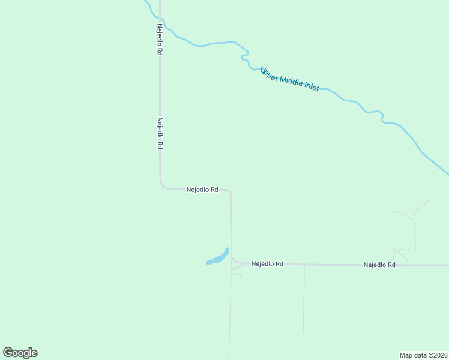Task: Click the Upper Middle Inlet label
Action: pyautogui.click(x=289, y=79)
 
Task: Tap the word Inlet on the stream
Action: pyautogui.click(x=312, y=86)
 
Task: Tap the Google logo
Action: pyautogui.click(x=20, y=353)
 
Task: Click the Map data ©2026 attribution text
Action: pyautogui.click(x=423, y=355)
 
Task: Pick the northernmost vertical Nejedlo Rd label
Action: pyautogui.click(x=160, y=40)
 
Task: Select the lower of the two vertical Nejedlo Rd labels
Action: pyautogui.click(x=160, y=133)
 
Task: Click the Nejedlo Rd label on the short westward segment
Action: pyautogui.click(x=202, y=190)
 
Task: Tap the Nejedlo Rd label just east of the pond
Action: pyautogui.click(x=267, y=263)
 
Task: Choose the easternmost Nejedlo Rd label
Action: pyautogui.click(x=379, y=265)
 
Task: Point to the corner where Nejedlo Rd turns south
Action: pyautogui.click(x=230, y=191)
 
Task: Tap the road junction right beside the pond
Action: pyautogui.click(x=232, y=262)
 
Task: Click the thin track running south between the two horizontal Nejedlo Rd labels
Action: pyautogui.click(x=304, y=300)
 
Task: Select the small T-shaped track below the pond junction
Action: pyautogui.click(x=239, y=277)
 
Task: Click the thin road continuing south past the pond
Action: pyautogui.click(x=230, y=318)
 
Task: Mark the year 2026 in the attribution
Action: pyautogui.click(x=439, y=355)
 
